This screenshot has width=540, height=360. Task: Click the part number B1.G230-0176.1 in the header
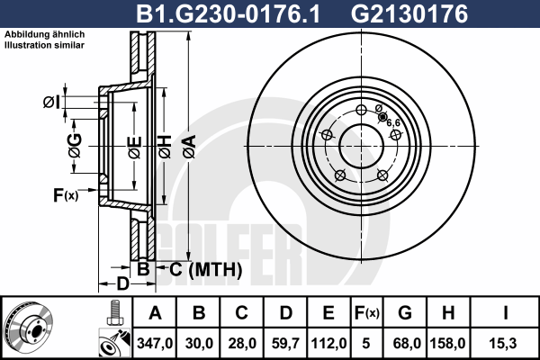(x=228, y=13)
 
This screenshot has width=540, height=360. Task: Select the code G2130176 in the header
(x=409, y=13)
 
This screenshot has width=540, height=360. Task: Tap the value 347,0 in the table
(x=155, y=343)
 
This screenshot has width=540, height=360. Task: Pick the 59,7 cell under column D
(x=285, y=343)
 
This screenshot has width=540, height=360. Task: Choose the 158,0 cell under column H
(x=447, y=343)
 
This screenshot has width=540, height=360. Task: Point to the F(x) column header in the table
(x=366, y=313)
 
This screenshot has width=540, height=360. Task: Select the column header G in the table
(x=405, y=313)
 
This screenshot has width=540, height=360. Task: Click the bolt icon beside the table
(x=114, y=313)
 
